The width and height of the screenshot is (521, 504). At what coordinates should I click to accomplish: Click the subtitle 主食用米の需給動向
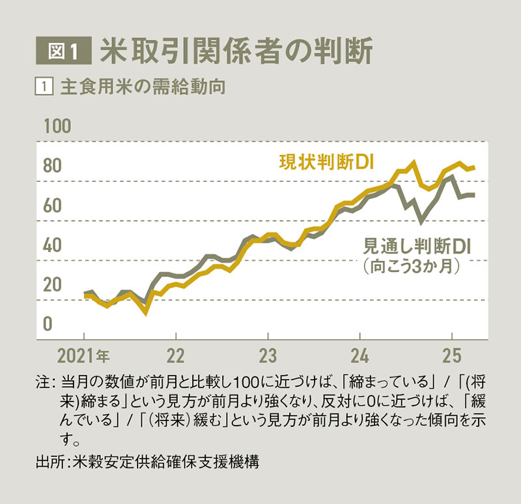(x=142, y=87)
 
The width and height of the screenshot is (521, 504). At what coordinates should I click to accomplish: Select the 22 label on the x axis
(x=176, y=357)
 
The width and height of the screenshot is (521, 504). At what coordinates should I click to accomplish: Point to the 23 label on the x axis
(x=268, y=357)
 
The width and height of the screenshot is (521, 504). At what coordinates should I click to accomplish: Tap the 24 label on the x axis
(x=360, y=357)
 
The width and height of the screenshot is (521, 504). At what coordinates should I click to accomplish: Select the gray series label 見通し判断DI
(x=416, y=246)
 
